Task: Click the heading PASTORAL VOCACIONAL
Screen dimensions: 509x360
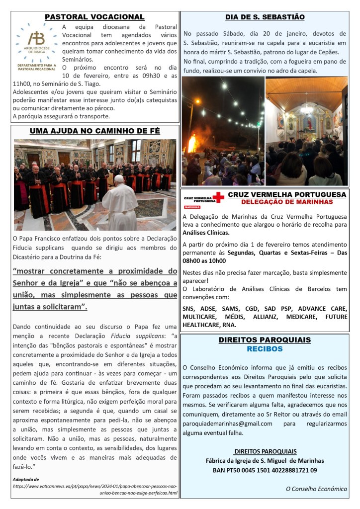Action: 94,17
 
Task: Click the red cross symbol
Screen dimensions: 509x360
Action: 218,197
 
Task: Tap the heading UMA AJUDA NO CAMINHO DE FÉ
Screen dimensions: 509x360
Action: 94,131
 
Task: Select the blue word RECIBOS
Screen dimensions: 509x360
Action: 265,349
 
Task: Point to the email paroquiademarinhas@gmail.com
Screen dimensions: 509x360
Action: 228,423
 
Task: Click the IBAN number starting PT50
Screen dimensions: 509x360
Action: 265,470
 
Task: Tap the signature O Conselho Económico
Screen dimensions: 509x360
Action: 316,489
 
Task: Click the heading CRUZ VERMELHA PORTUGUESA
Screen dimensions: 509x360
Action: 287,194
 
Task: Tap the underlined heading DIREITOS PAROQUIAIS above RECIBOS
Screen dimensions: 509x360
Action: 265,340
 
